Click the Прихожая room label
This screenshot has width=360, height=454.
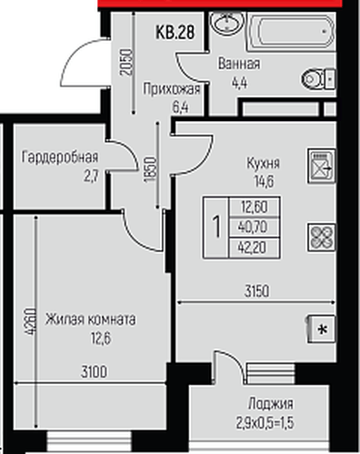tap(164, 88)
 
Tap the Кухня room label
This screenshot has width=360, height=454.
tap(264, 163)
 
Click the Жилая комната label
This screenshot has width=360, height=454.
tap(93, 319)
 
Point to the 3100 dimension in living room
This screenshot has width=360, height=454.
tap(93, 371)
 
